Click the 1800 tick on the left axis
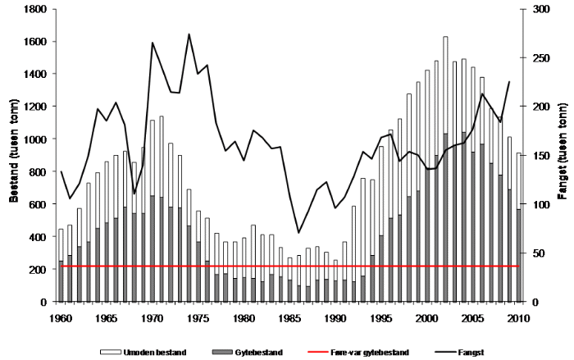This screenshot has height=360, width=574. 35,9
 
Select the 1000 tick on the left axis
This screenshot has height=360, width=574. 35,139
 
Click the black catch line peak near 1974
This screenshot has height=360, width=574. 189,34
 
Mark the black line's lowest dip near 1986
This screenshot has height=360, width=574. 298,233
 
